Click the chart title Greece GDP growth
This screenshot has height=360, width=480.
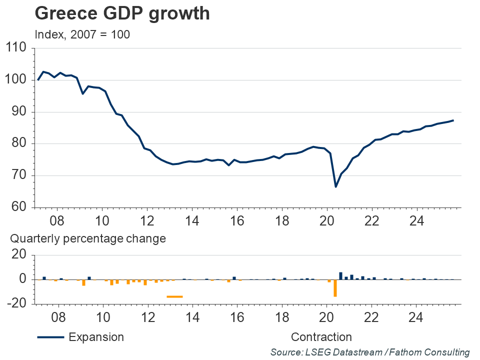coord(122,13)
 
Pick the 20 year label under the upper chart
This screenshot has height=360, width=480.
coord(326,221)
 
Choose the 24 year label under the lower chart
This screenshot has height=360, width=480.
coord(416,316)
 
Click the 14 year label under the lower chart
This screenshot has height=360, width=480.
coord(192,316)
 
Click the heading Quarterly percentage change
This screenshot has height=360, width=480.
coord(88,239)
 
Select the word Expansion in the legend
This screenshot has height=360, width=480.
coord(96,337)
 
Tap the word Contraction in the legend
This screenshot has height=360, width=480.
coord(321,337)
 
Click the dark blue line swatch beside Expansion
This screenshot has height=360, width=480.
coord(50,337)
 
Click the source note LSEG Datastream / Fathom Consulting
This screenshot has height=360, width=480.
coord(370,352)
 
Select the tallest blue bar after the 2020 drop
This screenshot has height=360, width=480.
coord(340,275)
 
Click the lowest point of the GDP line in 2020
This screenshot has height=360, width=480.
coord(335,186)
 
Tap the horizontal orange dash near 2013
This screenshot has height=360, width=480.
coord(174,296)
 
